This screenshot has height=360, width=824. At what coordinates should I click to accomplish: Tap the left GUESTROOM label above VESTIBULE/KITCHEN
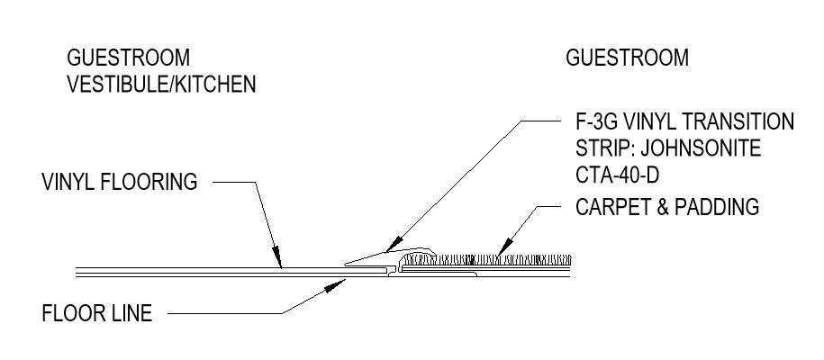coord(129,58)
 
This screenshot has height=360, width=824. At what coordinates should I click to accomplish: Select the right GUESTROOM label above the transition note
coord(627,58)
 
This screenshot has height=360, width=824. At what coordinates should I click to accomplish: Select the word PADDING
coord(717,207)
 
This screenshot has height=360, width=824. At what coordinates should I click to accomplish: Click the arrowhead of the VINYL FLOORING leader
coord(280,265)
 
